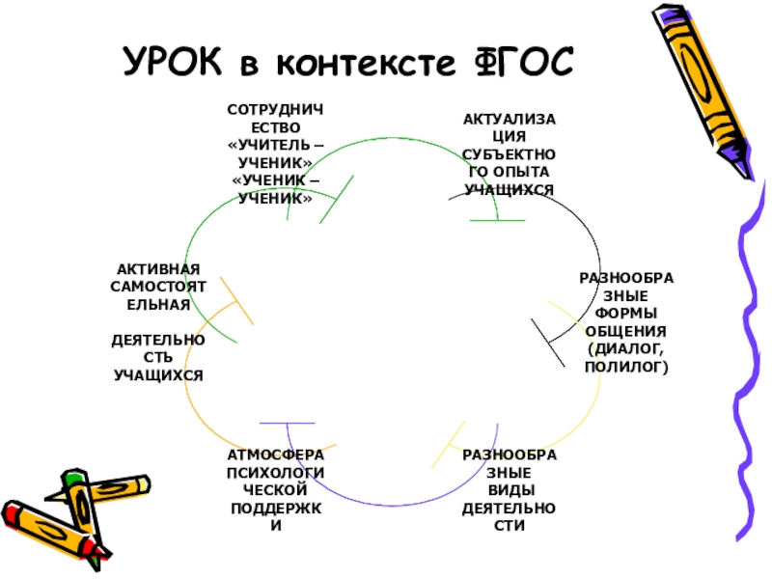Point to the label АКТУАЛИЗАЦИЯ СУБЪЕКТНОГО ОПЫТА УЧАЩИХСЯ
point(509,154)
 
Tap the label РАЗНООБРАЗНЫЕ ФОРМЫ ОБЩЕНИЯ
point(626,322)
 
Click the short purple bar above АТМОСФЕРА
point(287,424)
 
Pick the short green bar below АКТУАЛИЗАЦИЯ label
point(497,221)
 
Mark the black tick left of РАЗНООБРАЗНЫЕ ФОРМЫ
point(548,342)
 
